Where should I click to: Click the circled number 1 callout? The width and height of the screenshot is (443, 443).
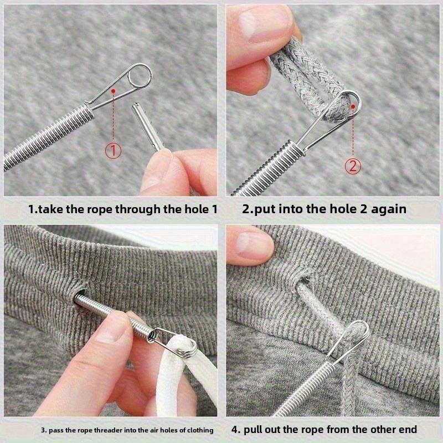point(112,150)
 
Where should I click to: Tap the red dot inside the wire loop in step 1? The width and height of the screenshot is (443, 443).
point(113,90)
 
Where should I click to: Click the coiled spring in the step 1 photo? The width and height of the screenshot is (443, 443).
point(50,136)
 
